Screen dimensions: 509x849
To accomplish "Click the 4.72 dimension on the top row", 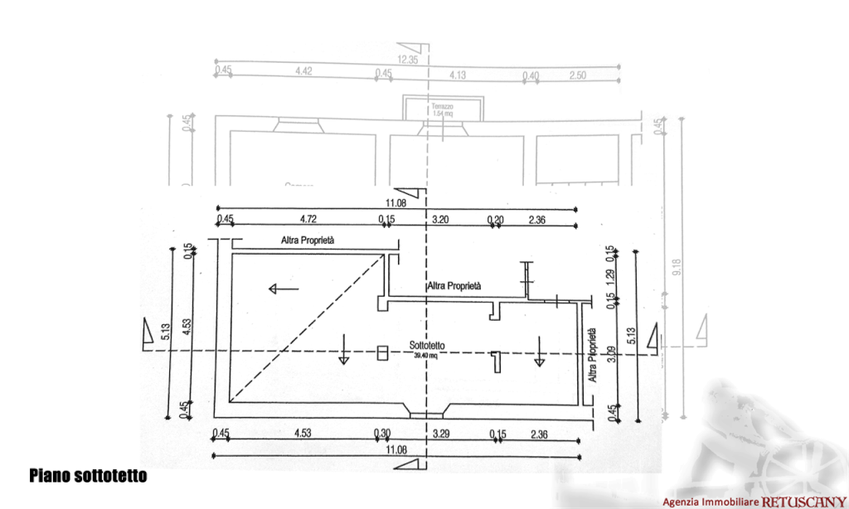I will coord(308,220).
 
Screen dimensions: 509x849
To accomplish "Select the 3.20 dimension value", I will coord(442,220).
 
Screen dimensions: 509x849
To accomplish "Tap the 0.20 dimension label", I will coord(496,220).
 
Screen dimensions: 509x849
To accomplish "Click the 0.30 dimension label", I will coord(383,433).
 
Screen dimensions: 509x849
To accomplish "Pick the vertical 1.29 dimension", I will coord(610,274).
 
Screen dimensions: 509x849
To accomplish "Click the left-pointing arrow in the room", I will coord(284,288).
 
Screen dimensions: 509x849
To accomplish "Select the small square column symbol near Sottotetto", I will coord(382,352).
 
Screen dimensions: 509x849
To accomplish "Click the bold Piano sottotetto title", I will coord(87,476).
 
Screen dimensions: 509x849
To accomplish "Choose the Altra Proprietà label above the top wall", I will coord(308,240).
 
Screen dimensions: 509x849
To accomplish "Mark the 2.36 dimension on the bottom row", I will coord(540,433).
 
